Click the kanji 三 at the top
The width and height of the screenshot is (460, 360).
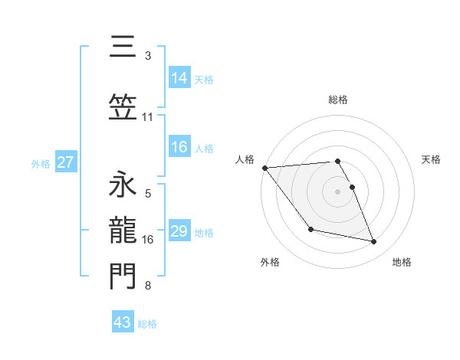(x=123, y=48)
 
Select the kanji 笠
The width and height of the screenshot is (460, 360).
(x=123, y=109)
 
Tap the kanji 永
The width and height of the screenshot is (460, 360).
(x=123, y=184)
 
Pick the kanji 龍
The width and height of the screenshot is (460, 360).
(x=123, y=231)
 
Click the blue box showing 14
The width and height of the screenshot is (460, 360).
(x=179, y=78)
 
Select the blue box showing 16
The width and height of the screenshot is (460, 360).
(x=179, y=148)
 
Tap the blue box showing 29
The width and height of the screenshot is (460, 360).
(x=179, y=231)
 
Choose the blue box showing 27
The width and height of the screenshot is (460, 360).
(x=66, y=162)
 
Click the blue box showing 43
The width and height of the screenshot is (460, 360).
(x=123, y=322)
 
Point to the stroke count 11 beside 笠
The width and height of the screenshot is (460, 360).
(x=147, y=117)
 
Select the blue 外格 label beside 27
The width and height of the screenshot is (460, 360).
(x=41, y=163)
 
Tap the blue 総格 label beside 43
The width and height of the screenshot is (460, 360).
(x=148, y=324)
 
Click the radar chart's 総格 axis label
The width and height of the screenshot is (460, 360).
(x=338, y=100)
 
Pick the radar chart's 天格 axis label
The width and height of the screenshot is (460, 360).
(x=432, y=159)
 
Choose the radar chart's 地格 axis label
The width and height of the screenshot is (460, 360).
(x=402, y=262)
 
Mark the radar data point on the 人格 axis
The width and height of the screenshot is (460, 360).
(x=264, y=168)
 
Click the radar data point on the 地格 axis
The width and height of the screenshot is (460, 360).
(x=374, y=242)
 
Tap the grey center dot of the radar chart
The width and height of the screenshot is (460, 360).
(x=338, y=191)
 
